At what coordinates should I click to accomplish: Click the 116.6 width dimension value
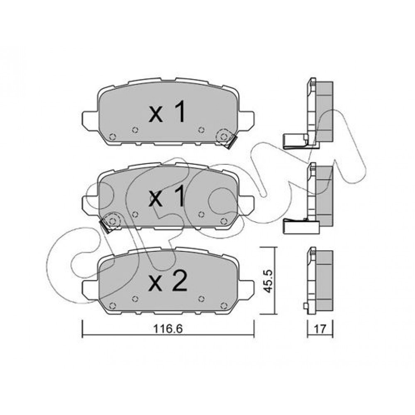(168, 329)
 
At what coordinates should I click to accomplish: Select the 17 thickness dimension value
(320, 329)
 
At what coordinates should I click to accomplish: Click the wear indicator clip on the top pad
(230, 142)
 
